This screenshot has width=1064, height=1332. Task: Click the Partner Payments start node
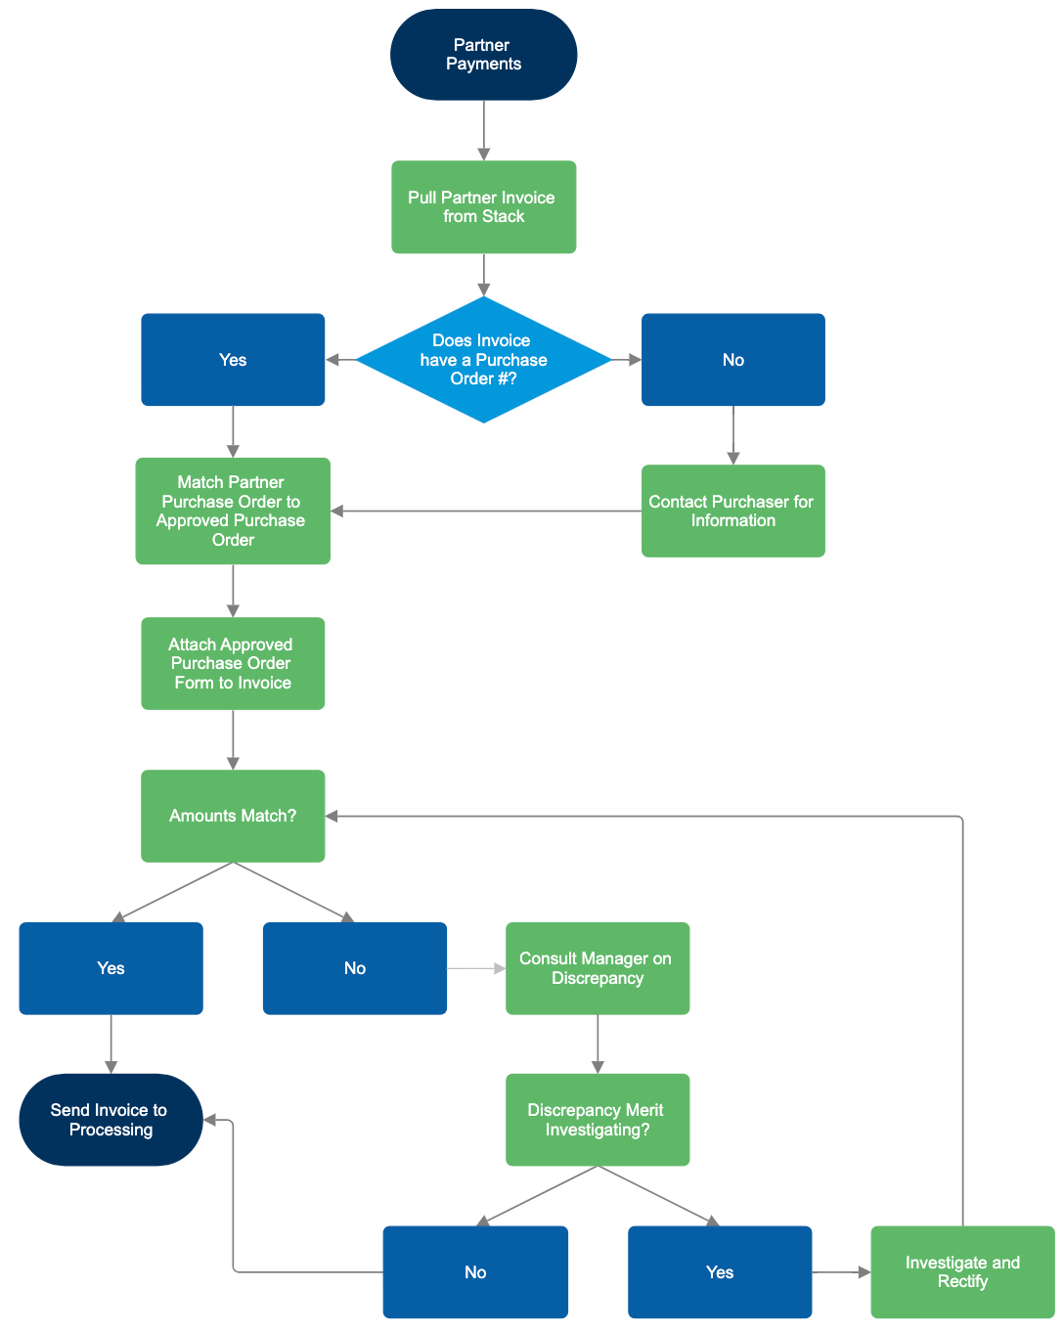[x=483, y=55]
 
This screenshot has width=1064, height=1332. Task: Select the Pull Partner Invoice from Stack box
[x=483, y=207]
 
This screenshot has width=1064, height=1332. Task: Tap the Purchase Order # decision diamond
[x=483, y=360]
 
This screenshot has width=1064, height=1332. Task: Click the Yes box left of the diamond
[x=233, y=360]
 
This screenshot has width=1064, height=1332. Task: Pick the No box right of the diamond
[x=732, y=360]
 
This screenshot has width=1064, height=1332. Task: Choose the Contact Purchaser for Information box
[x=732, y=511]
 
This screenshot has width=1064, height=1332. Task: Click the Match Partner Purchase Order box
[x=233, y=511]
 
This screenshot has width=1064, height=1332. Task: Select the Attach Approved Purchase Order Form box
[x=233, y=663]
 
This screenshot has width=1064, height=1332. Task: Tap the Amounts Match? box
[x=233, y=816]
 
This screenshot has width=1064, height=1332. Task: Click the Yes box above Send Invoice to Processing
[x=111, y=968]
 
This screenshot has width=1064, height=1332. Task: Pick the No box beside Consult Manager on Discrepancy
[x=355, y=968]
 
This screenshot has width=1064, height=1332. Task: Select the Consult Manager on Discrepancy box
[x=598, y=968]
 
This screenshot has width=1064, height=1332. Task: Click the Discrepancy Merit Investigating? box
[x=598, y=1120]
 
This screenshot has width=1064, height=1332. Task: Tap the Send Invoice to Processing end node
[x=111, y=1120]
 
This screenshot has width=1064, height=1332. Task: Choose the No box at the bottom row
[x=475, y=1271]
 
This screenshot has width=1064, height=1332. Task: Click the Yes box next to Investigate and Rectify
[x=720, y=1271]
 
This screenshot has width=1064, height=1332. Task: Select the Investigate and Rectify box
[x=962, y=1271]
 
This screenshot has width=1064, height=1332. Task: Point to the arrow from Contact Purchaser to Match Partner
[x=486, y=511]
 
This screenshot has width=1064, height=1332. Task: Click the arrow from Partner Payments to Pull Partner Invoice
[x=483, y=130]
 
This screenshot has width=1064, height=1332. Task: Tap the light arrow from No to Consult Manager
[x=475, y=968]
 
